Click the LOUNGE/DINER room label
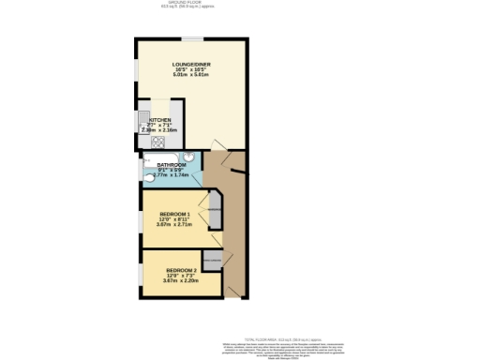191,64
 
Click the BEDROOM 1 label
176,215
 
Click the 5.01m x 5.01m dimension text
191,75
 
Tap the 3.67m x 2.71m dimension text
176,225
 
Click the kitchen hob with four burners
157,142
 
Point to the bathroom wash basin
190,157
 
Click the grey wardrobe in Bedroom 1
215,211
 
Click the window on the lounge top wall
192,38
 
